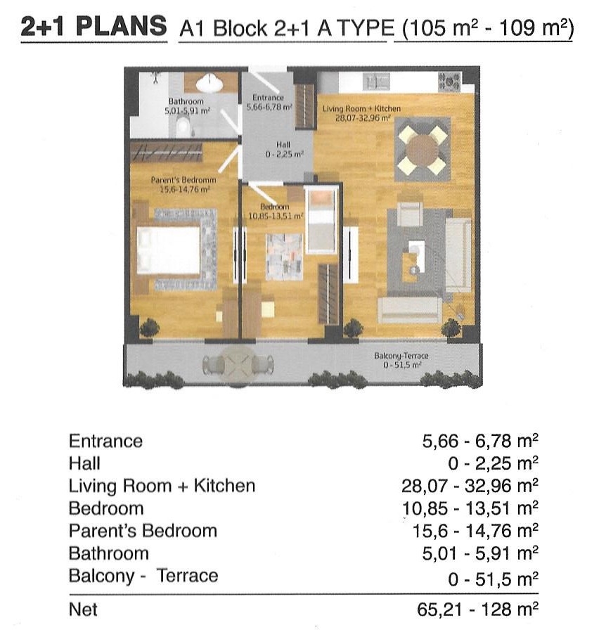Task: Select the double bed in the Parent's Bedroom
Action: point(169,250)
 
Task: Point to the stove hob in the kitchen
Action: point(449,82)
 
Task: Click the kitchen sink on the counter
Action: point(376,82)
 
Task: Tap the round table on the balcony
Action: point(238,365)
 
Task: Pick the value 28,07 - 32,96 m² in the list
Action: point(470,486)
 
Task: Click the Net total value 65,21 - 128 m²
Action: point(477,610)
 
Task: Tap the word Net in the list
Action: point(84,610)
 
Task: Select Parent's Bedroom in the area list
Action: point(143,531)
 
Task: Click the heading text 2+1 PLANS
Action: point(94,27)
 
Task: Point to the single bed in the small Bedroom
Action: point(322,220)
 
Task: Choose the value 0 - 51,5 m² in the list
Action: point(493,579)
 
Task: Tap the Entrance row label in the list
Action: point(106,442)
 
